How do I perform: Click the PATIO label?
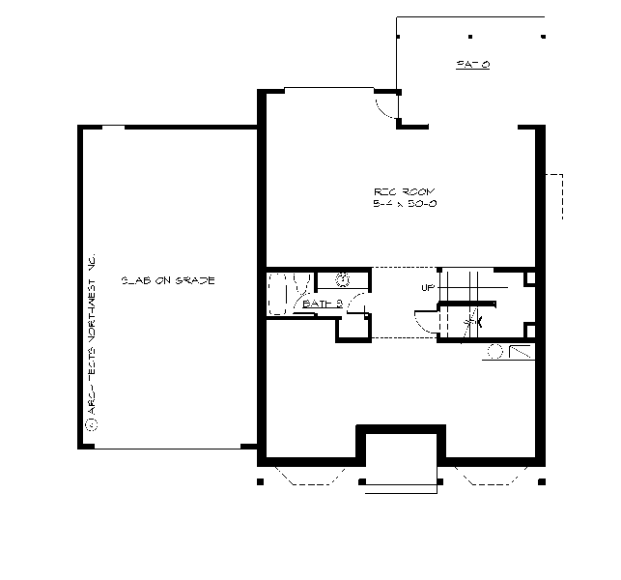pyautogui.click(x=473, y=65)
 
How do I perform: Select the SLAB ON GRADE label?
pyautogui.click(x=167, y=280)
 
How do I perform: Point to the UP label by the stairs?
pyautogui.click(x=428, y=288)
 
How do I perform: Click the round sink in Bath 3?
pyautogui.click(x=343, y=280)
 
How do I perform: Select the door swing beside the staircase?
pyautogui.click(x=424, y=323)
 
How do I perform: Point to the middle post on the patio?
pyautogui.click(x=470, y=36)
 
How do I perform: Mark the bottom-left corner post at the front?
pyautogui.click(x=260, y=480)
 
